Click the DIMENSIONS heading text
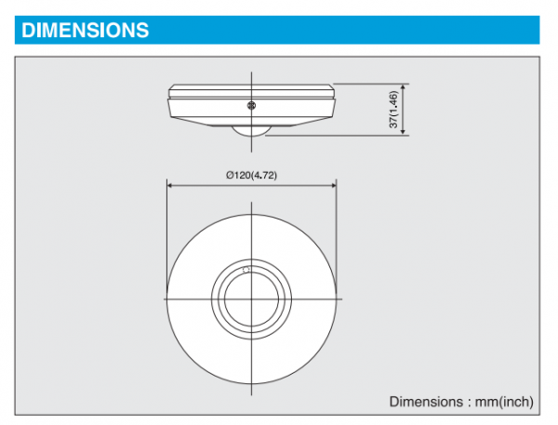pyautogui.click(x=85, y=30)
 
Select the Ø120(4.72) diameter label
pyautogui.click(x=252, y=175)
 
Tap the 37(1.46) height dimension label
pyautogui.click(x=393, y=110)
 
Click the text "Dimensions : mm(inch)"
pyautogui.click(x=461, y=402)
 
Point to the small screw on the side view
pyautogui.click(x=251, y=105)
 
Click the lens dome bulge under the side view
pyautogui.click(x=251, y=130)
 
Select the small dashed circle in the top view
pyautogui.click(x=246, y=271)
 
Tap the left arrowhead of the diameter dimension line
pyautogui.click(x=170, y=185)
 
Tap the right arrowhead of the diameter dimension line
pyautogui.click(x=334, y=185)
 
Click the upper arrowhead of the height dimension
pyautogui.click(x=403, y=87)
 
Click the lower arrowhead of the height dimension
pyautogui.click(x=403, y=132)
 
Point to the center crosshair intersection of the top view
pyautogui.click(x=252, y=299)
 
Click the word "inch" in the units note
pyautogui.click(x=515, y=402)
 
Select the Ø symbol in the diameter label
pyautogui.click(x=230, y=175)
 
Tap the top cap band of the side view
pyautogui.click(x=252, y=91)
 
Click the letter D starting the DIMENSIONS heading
pyautogui.click(x=28, y=30)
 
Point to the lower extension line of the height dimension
pyautogui.click(x=337, y=135)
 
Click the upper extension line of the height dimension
pyautogui.click(x=371, y=84)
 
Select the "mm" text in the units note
pyautogui.click(x=487, y=403)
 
